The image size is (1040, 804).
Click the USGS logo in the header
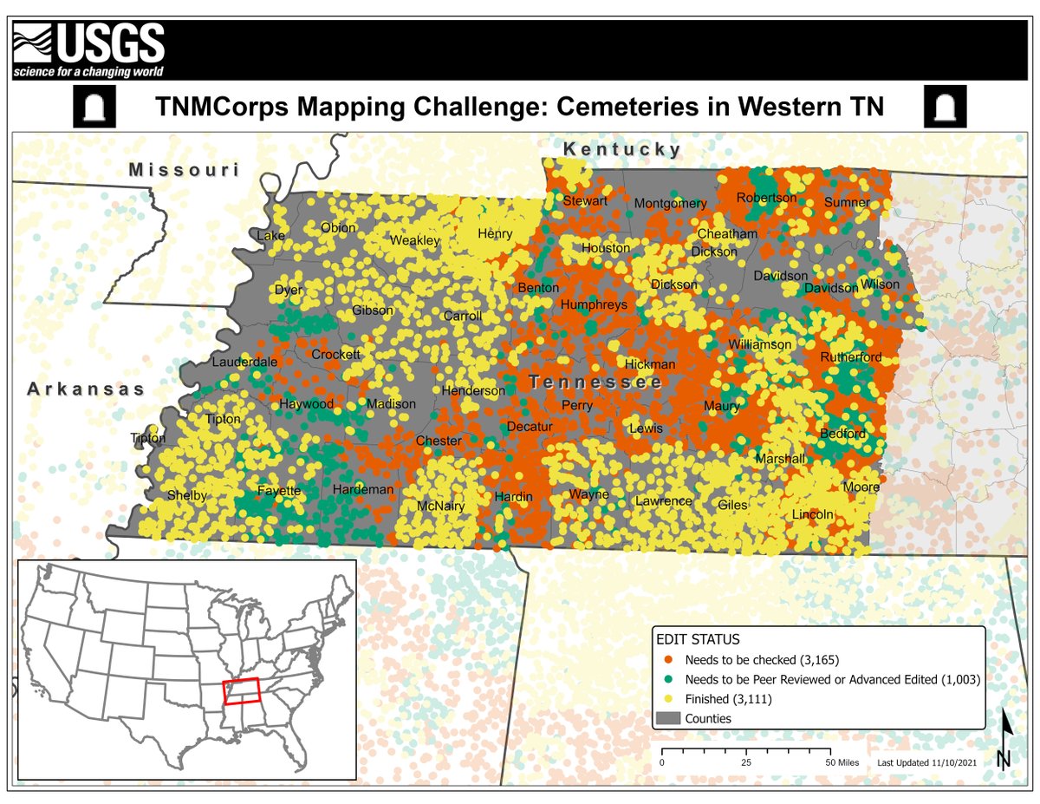pos(88,50)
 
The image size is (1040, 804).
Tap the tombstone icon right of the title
pos(946,106)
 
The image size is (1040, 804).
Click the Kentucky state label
pos(622,150)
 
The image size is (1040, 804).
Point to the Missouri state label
pos(184,170)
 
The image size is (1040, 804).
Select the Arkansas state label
pos(87,389)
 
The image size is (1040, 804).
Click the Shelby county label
pos(187,495)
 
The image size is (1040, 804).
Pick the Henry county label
pos(495,234)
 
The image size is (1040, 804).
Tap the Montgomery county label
pos(670,204)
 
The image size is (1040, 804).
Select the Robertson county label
pos(766,198)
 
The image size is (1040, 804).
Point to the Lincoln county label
pos(812,514)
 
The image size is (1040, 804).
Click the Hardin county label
pos(514,497)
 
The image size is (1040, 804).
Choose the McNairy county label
pos(441,506)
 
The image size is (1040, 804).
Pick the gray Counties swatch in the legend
pos(667,718)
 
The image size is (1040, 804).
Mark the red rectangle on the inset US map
pos(241,691)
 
